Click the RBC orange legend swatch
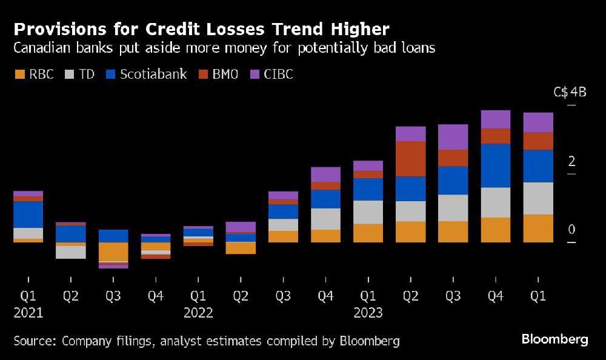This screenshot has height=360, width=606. pos(20,75)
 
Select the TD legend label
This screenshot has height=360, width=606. pos(87,75)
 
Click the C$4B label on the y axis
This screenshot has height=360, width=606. pos(570,93)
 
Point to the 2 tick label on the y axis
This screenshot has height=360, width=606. pos(571,161)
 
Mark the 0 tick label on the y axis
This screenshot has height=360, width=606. pos(571,230)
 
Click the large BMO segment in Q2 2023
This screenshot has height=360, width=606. pos(410,159)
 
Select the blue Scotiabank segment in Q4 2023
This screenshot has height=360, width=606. pos(495,165)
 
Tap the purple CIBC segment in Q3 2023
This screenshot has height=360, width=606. pos(453,137)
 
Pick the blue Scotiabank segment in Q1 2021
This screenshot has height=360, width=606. pos(28,215)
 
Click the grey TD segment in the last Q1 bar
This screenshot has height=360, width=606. pos(538,198)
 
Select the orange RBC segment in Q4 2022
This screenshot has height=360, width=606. pos(325,236)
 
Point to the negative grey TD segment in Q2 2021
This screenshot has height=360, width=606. pos(70,252)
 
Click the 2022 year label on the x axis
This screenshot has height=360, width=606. pos(198,313)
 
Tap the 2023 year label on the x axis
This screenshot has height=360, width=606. pos(368,313)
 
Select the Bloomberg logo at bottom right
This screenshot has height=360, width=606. pos(554,339)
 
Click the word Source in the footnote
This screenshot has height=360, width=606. pos(34,341)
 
